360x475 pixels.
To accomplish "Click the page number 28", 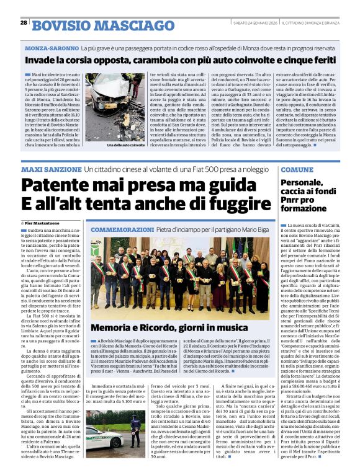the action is click(x=24, y=22).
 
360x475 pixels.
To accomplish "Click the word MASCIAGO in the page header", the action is click(x=113, y=25).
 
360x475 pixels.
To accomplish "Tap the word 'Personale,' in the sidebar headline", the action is click(x=302, y=183).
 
